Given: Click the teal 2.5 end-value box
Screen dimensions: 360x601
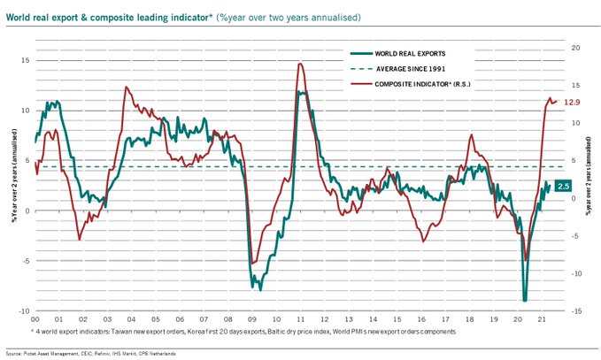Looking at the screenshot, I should point(563,186).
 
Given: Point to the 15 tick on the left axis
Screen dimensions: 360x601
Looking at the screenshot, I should point(26,60).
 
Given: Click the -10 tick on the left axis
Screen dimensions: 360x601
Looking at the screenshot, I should point(24,311).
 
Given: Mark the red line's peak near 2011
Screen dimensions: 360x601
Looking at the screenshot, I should point(301,64).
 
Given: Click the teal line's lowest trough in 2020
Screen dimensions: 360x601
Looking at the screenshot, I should point(525,300).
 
